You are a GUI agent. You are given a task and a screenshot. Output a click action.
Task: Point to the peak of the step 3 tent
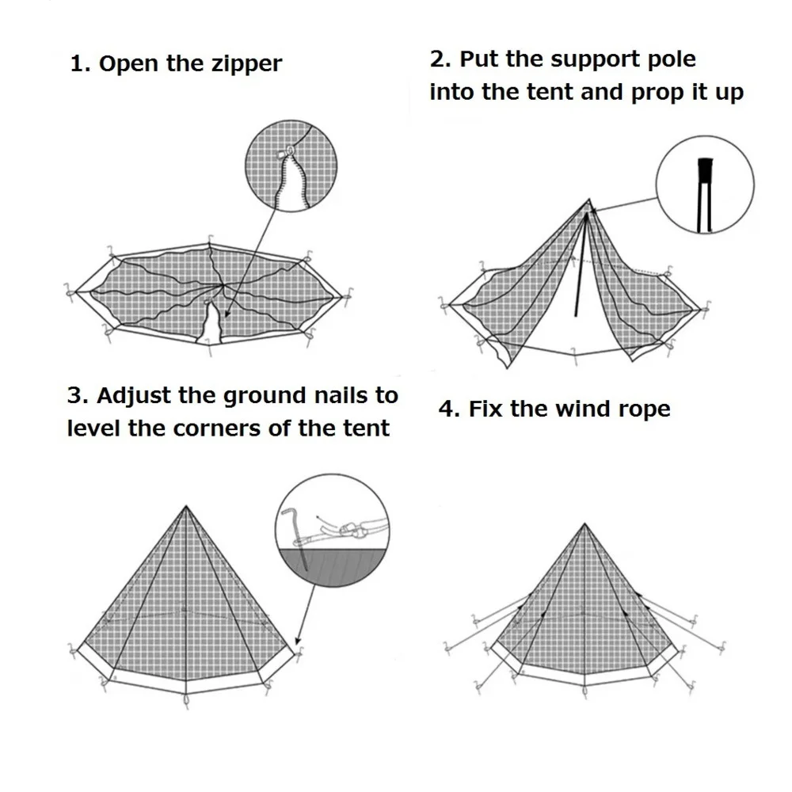click(185, 507)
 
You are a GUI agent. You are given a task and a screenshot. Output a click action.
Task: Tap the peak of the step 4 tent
click(584, 524)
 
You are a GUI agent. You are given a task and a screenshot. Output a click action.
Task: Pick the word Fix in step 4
click(483, 409)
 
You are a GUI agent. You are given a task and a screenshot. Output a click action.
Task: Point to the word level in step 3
click(96, 428)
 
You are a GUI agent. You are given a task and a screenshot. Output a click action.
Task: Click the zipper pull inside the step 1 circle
click(290, 149)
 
